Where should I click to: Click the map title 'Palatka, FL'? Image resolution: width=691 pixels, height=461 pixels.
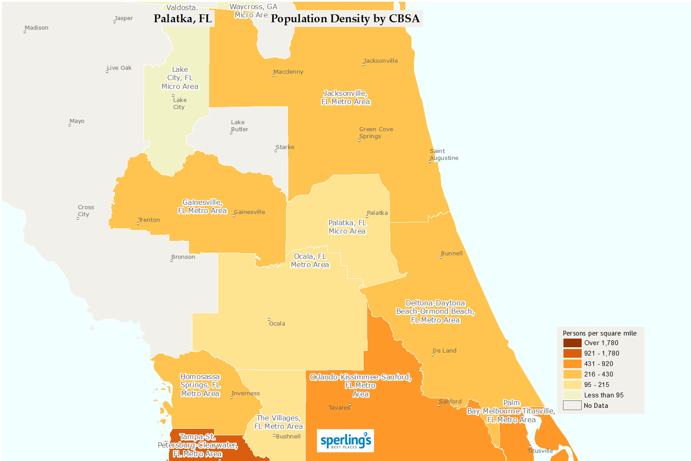point(183,19)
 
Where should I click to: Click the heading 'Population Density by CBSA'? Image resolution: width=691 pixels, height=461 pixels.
point(345,19)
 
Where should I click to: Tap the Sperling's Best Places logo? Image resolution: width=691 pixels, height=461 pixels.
point(345,441)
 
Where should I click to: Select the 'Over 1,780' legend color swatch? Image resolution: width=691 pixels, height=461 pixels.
point(572,343)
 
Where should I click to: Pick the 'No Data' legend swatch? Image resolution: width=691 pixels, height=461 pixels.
point(572,406)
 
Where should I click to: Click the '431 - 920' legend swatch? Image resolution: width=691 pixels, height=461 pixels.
point(572,364)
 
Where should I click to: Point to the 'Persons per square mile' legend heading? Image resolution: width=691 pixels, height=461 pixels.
point(600,333)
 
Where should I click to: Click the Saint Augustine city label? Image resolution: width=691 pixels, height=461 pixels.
point(444,155)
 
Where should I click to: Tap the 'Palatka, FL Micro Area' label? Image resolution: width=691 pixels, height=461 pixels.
point(347,227)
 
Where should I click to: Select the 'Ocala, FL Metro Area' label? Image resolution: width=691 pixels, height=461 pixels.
point(310,261)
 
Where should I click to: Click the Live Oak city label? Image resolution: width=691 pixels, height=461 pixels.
point(119,68)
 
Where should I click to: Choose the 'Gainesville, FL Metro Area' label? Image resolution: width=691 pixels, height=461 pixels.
point(202,207)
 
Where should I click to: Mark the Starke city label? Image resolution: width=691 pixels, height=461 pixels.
point(285,147)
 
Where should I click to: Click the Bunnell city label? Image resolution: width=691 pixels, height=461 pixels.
point(452,254)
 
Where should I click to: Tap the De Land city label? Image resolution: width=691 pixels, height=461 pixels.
point(445,351)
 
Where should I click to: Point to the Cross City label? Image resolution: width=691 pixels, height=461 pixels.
point(85,211)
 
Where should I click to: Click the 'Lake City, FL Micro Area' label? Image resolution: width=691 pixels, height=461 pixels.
point(180,78)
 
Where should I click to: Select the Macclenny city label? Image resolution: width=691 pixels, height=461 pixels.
point(288,72)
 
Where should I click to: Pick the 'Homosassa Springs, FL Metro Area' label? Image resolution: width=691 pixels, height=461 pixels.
point(200,385)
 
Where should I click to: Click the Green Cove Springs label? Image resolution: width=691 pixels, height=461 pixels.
point(376,133)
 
